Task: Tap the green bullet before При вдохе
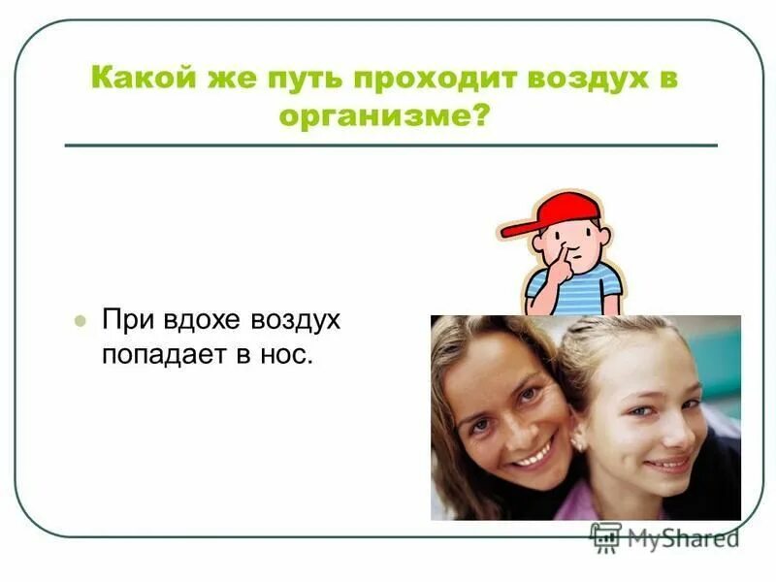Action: click(81, 321)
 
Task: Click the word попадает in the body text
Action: click(162, 354)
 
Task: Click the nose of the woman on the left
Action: click(511, 417)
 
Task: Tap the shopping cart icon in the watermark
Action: click(605, 536)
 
